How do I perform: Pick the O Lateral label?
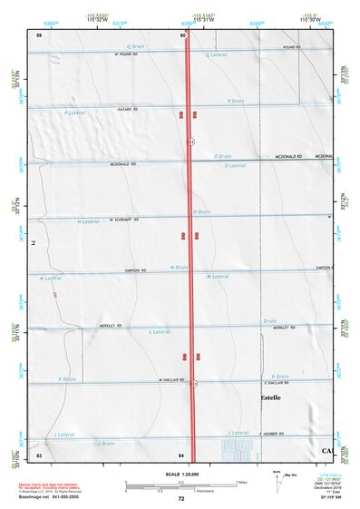pos(234,166)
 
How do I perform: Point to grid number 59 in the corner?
pos(39,34)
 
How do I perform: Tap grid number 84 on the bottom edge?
pos(181,454)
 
